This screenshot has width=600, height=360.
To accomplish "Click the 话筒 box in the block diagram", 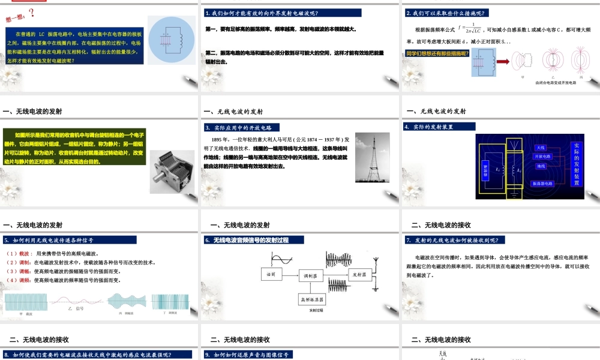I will point(271,274).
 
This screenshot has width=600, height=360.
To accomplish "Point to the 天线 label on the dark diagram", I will point(541,148).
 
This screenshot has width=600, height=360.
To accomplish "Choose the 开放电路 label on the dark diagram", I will point(542,157).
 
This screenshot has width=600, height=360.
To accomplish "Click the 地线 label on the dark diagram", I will point(541,166).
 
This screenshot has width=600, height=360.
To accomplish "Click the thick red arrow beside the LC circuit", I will point(502,61).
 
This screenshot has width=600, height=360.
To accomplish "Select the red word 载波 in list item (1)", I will point(26,254).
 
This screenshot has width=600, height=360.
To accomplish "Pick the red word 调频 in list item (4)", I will point(26,280).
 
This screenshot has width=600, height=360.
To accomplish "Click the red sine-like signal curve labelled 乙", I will point(79,302).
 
